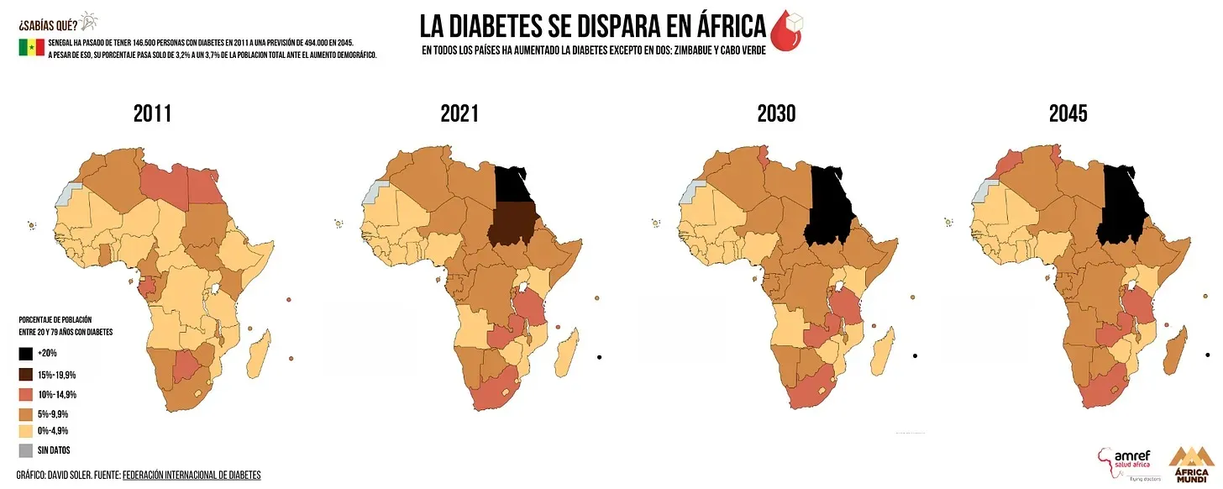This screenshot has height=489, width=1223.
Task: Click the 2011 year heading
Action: coord(152,114)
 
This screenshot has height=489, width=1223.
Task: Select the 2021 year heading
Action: coord(459,114)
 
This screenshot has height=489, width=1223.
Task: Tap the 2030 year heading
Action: coord(775,114)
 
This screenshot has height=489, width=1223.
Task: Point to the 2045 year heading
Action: coord(1068,114)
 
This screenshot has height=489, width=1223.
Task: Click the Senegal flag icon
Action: coord(31,48)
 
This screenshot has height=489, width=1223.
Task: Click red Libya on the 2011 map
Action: coord(163,180)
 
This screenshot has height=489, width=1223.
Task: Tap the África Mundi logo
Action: coord(1190,466)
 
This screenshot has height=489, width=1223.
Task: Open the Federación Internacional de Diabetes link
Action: coord(192,476)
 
